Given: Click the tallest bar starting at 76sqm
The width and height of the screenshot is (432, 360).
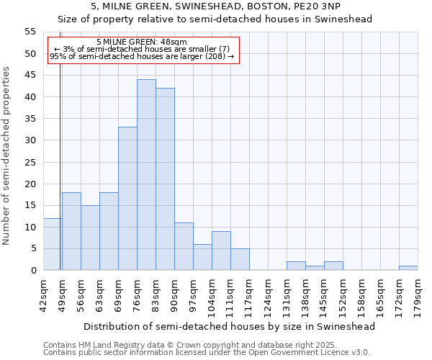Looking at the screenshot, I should (x=146, y=175).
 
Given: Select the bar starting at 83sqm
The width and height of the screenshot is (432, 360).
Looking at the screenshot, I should (x=165, y=179).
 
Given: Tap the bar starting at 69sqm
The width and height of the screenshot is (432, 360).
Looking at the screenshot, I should (x=127, y=199).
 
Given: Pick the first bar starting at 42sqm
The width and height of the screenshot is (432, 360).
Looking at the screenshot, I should (x=53, y=244).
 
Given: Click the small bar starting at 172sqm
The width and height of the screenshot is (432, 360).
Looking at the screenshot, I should (x=408, y=268).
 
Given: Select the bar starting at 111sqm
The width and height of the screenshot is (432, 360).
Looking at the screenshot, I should (x=240, y=259).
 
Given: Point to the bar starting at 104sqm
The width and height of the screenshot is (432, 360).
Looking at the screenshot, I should (x=221, y=251).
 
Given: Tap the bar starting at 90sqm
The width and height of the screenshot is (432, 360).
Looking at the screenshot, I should (x=184, y=246).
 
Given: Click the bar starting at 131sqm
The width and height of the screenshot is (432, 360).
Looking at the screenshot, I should (x=296, y=266).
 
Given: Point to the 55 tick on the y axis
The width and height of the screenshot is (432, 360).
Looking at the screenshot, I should (x=30, y=32).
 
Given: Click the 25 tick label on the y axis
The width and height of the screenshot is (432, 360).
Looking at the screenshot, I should (x=30, y=162).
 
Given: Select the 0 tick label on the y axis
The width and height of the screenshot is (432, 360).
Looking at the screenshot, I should (x=33, y=270).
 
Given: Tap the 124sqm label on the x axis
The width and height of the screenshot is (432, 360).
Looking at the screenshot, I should (x=268, y=296).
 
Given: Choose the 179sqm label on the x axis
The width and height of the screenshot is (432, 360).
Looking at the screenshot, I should (x=418, y=296).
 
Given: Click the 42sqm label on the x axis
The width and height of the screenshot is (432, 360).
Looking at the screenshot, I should (x=43, y=296).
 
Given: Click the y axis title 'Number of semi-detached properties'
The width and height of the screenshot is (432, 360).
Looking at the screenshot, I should (x=6, y=156).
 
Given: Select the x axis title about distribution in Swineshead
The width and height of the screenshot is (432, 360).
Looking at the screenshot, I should (x=230, y=326).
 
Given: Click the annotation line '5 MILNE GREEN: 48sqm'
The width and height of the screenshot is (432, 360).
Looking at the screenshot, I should (x=141, y=42).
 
